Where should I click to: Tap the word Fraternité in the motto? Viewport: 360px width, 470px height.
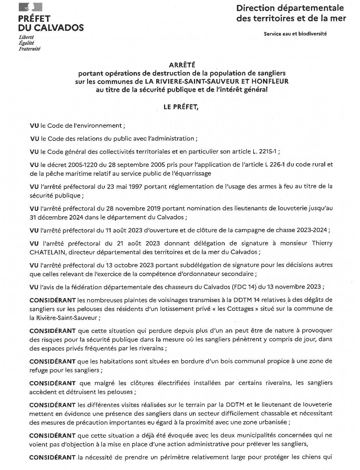[29, 49]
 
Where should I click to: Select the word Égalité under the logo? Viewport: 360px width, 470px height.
[26, 43]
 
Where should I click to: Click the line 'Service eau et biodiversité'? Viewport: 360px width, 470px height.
[295, 34]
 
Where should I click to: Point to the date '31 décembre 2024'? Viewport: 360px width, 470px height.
[53, 217]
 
